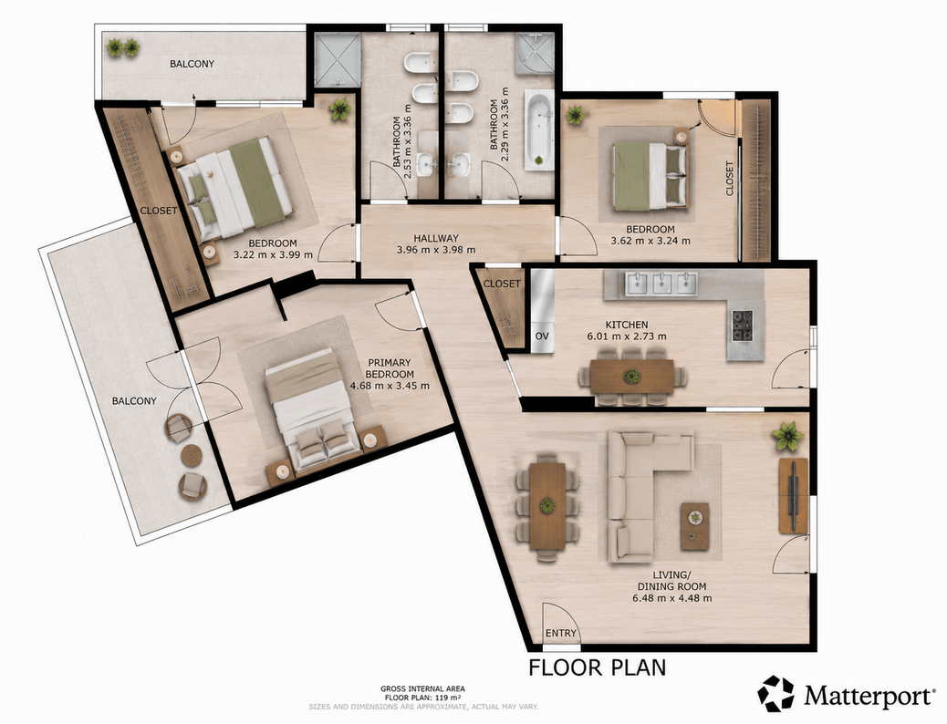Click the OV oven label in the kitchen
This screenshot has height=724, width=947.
click(542, 336)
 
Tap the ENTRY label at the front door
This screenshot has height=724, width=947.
click(561, 633)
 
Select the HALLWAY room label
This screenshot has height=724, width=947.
click(436, 239)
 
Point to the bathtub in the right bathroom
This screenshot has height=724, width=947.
click(538, 130)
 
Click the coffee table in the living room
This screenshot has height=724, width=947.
click(694, 526)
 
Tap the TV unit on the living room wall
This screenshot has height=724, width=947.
click(794, 496)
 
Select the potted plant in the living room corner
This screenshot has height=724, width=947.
click(787, 435)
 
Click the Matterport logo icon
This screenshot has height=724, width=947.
click(777, 694)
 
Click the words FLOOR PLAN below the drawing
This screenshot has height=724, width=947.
click(598, 667)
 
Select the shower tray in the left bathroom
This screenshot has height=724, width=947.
click(338, 57)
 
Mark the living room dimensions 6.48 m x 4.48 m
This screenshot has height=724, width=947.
click(671, 598)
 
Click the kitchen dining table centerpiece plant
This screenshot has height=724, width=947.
click(632, 376)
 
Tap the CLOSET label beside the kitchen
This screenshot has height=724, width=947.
click(502, 284)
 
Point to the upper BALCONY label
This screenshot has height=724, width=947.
click(193, 64)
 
